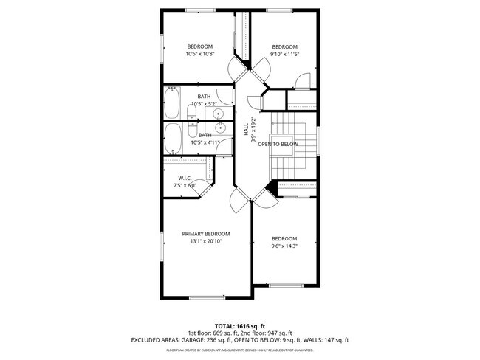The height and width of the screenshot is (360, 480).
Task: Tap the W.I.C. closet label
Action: (x=185, y=178)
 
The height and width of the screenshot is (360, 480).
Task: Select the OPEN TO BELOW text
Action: (x=278, y=144)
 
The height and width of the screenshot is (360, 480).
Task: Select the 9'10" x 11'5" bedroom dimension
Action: (x=284, y=54)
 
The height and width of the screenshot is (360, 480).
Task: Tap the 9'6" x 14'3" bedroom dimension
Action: (x=284, y=246)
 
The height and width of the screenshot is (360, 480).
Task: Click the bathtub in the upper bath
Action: (x=171, y=103)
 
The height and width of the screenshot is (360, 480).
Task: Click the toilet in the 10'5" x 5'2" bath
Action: (x=191, y=113)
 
